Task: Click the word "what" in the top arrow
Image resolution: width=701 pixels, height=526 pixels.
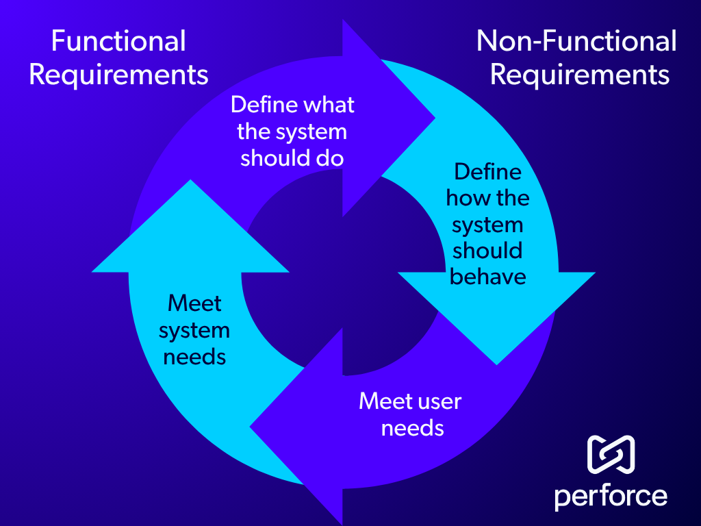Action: [329, 105]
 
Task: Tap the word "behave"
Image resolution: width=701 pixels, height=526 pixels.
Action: [488, 276]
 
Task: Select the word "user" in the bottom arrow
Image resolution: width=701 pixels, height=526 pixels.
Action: [439, 401]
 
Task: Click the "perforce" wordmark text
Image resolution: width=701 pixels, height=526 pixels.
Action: [611, 495]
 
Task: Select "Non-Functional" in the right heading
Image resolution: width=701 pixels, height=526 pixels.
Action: [576, 41]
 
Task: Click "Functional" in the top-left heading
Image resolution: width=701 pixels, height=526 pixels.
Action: [118, 41]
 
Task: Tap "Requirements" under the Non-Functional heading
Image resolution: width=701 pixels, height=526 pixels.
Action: [580, 74]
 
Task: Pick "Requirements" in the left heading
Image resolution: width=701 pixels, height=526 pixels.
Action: [118, 74]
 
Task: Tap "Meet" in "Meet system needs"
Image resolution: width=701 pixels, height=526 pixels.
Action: [195, 303]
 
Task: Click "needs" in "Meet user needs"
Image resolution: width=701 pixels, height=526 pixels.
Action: [412, 428]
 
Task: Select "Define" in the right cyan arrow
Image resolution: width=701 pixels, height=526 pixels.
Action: [487, 171]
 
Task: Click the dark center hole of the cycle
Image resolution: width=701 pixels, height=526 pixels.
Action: [342, 274]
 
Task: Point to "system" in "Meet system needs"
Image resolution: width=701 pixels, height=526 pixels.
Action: [194, 330]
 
